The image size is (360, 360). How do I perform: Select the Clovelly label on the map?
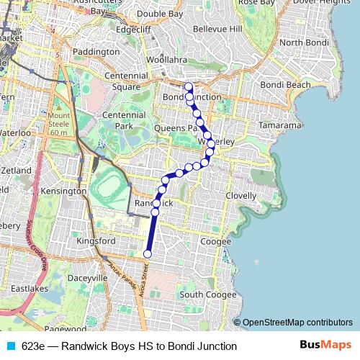tap(240, 196)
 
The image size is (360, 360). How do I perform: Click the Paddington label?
tap(96, 53)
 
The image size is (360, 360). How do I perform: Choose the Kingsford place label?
tap(96, 241)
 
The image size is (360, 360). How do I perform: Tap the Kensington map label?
tap(63, 192)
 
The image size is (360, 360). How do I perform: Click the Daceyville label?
tap(86, 277)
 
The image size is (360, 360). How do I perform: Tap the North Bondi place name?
tap(305, 42)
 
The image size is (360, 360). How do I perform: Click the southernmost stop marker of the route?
tap(148, 253)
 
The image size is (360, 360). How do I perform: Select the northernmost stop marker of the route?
tap(189, 87)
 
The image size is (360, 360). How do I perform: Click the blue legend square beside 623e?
tap(11, 346)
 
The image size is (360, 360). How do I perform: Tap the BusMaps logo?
tap(325, 346)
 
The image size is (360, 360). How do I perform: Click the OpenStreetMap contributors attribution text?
tap(297, 323)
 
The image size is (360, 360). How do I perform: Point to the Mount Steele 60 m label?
tap(59, 123)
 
